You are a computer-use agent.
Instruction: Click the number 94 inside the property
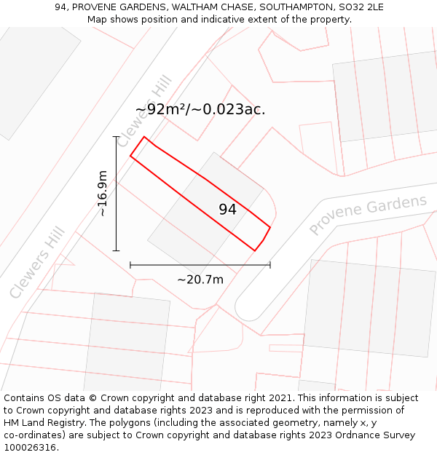coord(227,210)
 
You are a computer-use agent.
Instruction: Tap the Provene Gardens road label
coord(368,215)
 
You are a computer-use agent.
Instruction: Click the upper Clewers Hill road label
coord(143,111)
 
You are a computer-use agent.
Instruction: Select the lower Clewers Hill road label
coord(37,263)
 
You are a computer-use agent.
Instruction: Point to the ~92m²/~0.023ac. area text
coord(200,110)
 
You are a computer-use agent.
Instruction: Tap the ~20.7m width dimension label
coord(200,279)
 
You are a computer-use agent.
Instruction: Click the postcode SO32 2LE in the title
coord(361,7)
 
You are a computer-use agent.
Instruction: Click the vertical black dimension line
coord(116,194)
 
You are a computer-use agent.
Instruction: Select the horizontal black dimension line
coord(200,265)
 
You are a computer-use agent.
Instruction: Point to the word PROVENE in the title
coord(96,7)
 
